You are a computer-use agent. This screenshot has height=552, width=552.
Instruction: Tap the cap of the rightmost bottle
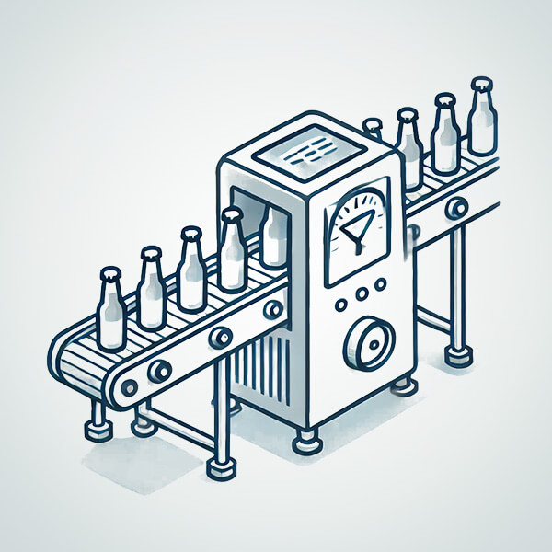point(479,86)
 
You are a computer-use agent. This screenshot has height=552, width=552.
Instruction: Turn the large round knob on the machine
point(365,343)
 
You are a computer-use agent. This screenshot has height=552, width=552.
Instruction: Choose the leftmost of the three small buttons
point(341,303)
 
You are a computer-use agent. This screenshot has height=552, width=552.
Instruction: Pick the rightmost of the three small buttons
point(376,292)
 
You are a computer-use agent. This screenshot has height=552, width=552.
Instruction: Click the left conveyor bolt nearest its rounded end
point(158,370)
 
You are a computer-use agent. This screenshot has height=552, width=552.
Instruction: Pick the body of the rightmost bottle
point(479,124)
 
